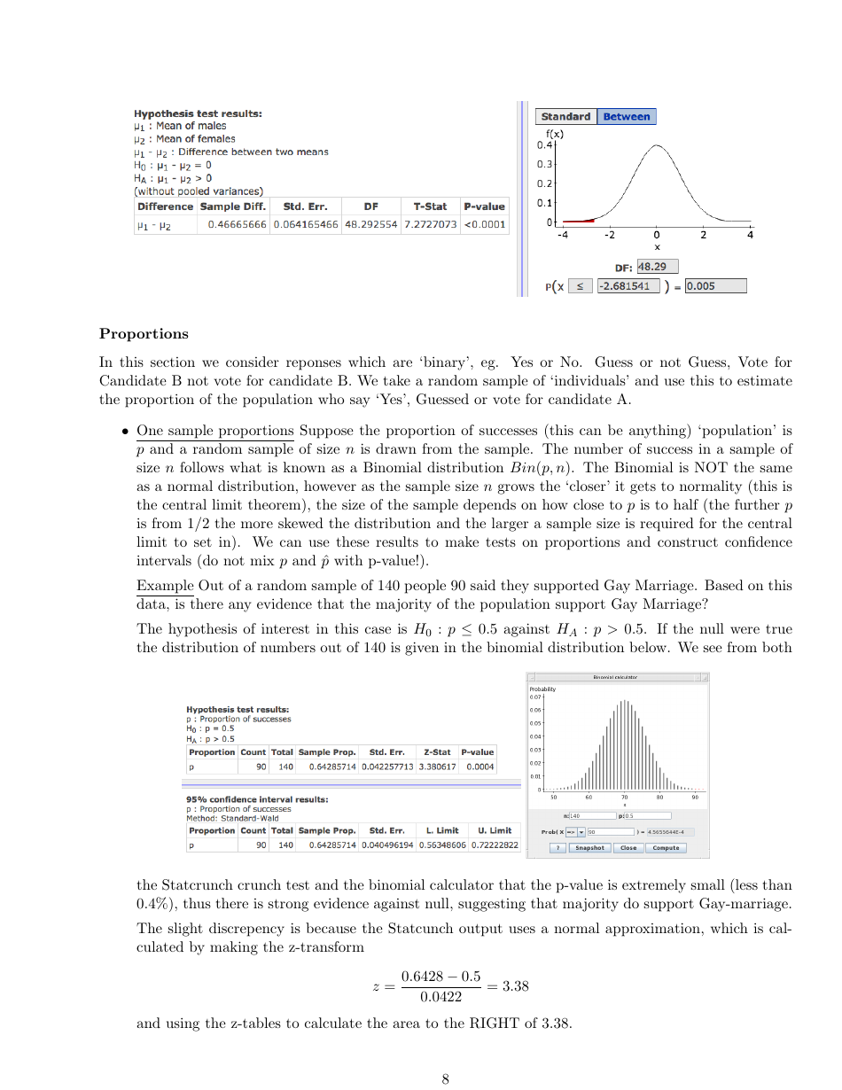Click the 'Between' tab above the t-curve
626,117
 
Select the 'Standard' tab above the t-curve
565,117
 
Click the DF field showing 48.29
658,267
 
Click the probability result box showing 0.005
715,286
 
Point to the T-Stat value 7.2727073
430,224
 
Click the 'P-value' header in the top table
484,206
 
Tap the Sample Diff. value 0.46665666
237,224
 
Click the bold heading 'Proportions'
144,334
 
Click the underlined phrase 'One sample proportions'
215,432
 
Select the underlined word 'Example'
165,586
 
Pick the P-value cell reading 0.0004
479,767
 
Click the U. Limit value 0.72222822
494,845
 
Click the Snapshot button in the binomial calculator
589,848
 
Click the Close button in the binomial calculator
628,848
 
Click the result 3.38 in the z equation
515,986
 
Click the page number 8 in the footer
446,1078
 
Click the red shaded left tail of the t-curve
579,220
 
